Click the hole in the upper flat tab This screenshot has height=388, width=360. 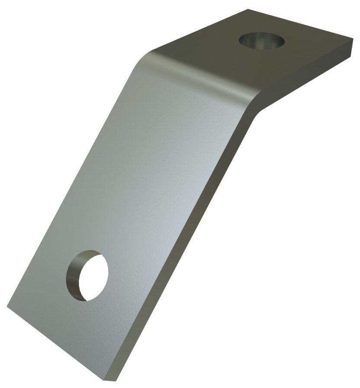[x=262, y=42]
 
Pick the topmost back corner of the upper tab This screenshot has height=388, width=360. [x=248, y=10]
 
